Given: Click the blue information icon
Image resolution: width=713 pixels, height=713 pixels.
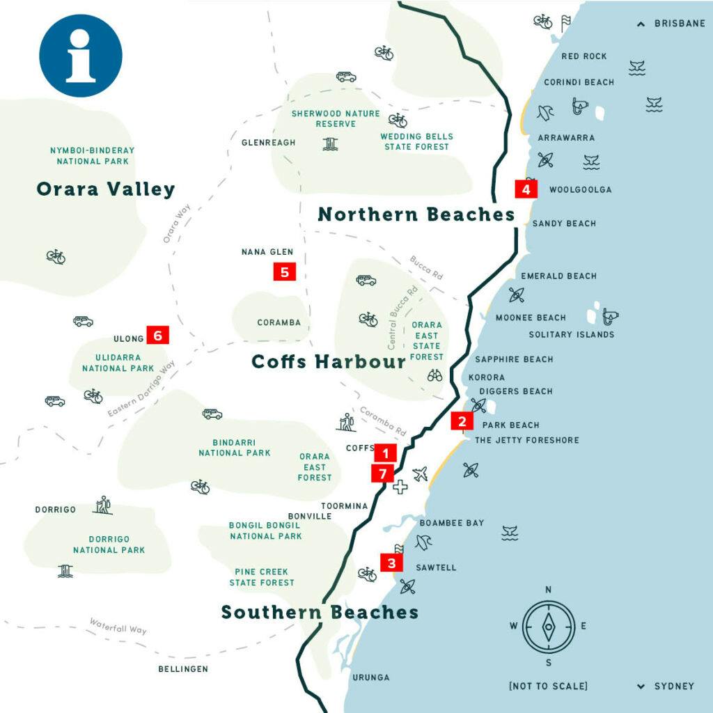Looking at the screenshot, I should click(80, 56).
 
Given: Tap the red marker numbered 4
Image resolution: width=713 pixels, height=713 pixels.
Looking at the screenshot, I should click(526, 189).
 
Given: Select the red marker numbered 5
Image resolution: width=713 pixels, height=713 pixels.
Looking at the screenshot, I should click(285, 272).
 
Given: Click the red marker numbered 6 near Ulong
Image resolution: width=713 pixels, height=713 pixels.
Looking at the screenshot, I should click(157, 336).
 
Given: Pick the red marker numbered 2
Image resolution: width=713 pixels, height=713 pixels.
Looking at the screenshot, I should click(462, 421).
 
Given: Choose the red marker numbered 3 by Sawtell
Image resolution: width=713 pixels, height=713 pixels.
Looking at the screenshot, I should click(391, 563).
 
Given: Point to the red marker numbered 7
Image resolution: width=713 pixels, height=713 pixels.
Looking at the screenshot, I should click(382, 473).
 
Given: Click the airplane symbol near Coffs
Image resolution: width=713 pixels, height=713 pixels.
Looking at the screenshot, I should click(420, 474).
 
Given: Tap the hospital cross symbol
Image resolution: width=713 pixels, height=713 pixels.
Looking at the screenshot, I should click(400, 487).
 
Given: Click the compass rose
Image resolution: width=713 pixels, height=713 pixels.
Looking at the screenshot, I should click(549, 625).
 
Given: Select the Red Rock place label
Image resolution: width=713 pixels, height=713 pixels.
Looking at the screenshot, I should click(584, 56).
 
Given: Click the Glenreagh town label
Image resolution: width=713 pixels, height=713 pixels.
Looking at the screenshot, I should click(268, 143).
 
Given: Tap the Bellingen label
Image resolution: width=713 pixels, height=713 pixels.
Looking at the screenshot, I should click(183, 669).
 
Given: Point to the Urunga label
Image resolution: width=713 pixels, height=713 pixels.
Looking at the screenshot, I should click(370, 677).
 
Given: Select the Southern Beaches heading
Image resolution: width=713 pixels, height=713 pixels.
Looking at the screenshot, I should click(320, 612).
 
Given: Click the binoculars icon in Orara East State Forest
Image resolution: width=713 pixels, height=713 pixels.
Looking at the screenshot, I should click(434, 375).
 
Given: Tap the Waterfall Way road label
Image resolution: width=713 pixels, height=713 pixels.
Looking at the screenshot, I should click(118, 625).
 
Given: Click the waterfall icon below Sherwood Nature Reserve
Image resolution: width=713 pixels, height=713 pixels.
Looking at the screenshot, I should click(329, 143).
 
